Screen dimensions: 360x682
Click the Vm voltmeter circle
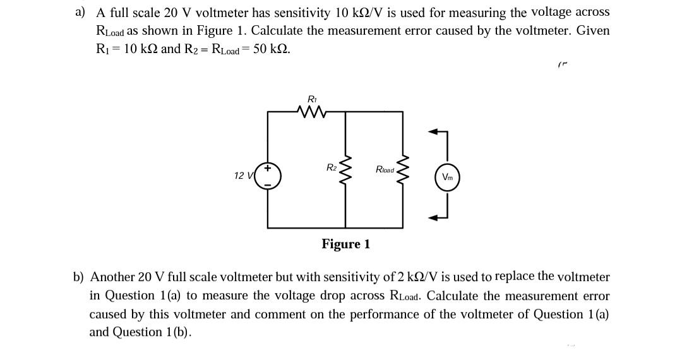pos(447,177)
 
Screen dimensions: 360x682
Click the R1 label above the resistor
pos(311,99)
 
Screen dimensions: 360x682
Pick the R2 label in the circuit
pos(332,168)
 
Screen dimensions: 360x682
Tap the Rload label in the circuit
pos(385,169)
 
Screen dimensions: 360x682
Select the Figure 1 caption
pos(345,244)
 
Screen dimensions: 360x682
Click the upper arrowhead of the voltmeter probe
pos(433,132)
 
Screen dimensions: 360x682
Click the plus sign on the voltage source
pos(268,168)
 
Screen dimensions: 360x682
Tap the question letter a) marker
pos(80,12)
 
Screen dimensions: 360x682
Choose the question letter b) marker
pos(78,277)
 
